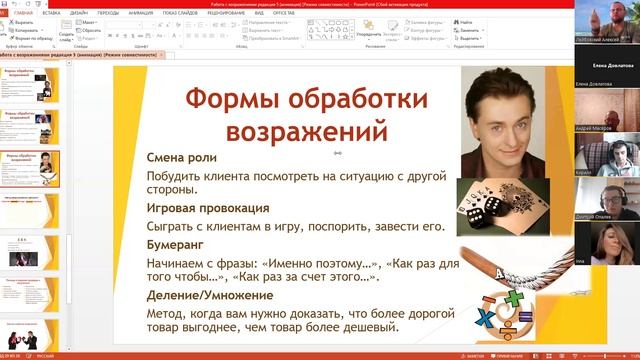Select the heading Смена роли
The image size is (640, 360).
point(182,158)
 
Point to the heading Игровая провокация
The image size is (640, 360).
point(208,208)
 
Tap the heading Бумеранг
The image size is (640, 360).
point(176,243)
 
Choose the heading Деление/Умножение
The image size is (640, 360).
point(210,295)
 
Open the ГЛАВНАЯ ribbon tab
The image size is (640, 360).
point(24,13)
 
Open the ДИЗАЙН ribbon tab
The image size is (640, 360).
point(78,13)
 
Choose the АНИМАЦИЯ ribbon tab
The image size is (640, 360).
point(141,13)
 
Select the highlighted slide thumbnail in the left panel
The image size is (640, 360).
point(34,172)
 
